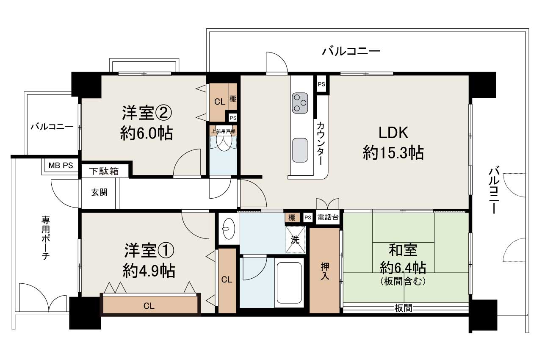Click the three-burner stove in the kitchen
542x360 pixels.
(300, 103)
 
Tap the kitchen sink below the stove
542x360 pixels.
(300, 150)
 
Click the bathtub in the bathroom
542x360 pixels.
(289, 282)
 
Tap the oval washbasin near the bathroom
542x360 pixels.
(228, 229)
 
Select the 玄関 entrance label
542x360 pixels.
(99, 192)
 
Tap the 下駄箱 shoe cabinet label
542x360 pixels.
(104, 172)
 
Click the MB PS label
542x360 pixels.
(60, 166)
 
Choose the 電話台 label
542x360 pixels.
(328, 218)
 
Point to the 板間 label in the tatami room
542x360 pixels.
(404, 308)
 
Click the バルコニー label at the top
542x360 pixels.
(351, 52)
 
